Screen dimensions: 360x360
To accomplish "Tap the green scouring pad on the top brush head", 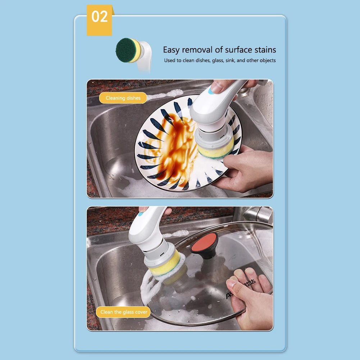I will [x=123, y=50].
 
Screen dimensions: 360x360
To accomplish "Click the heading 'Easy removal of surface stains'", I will [x=219, y=50].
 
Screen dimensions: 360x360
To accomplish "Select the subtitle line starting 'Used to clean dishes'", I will [x=220, y=60].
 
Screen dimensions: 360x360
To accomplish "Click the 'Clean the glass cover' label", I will [x=124, y=312].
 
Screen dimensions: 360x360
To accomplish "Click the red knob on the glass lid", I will [x=204, y=242].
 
